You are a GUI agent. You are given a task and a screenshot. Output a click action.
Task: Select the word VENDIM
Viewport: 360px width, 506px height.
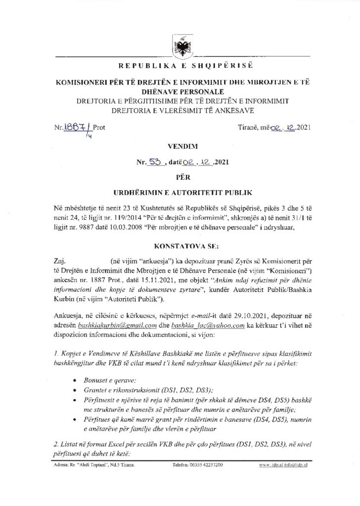180,147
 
